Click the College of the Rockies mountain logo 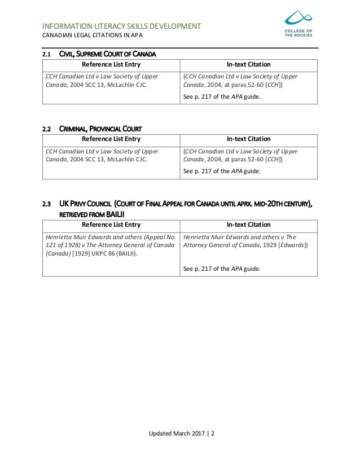pyautogui.click(x=297, y=19)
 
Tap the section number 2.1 pyautogui.click(x=47, y=55)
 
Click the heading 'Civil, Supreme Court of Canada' pyautogui.click(x=108, y=55)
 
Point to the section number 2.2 pyautogui.click(x=47, y=129)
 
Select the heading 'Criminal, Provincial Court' pyautogui.click(x=100, y=129)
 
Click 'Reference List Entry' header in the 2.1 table pyautogui.click(x=111, y=65)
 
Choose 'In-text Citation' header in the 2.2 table pyautogui.click(x=248, y=139)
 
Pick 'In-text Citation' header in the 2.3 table pyautogui.click(x=248, y=225)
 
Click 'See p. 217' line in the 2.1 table pyautogui.click(x=222, y=96)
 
